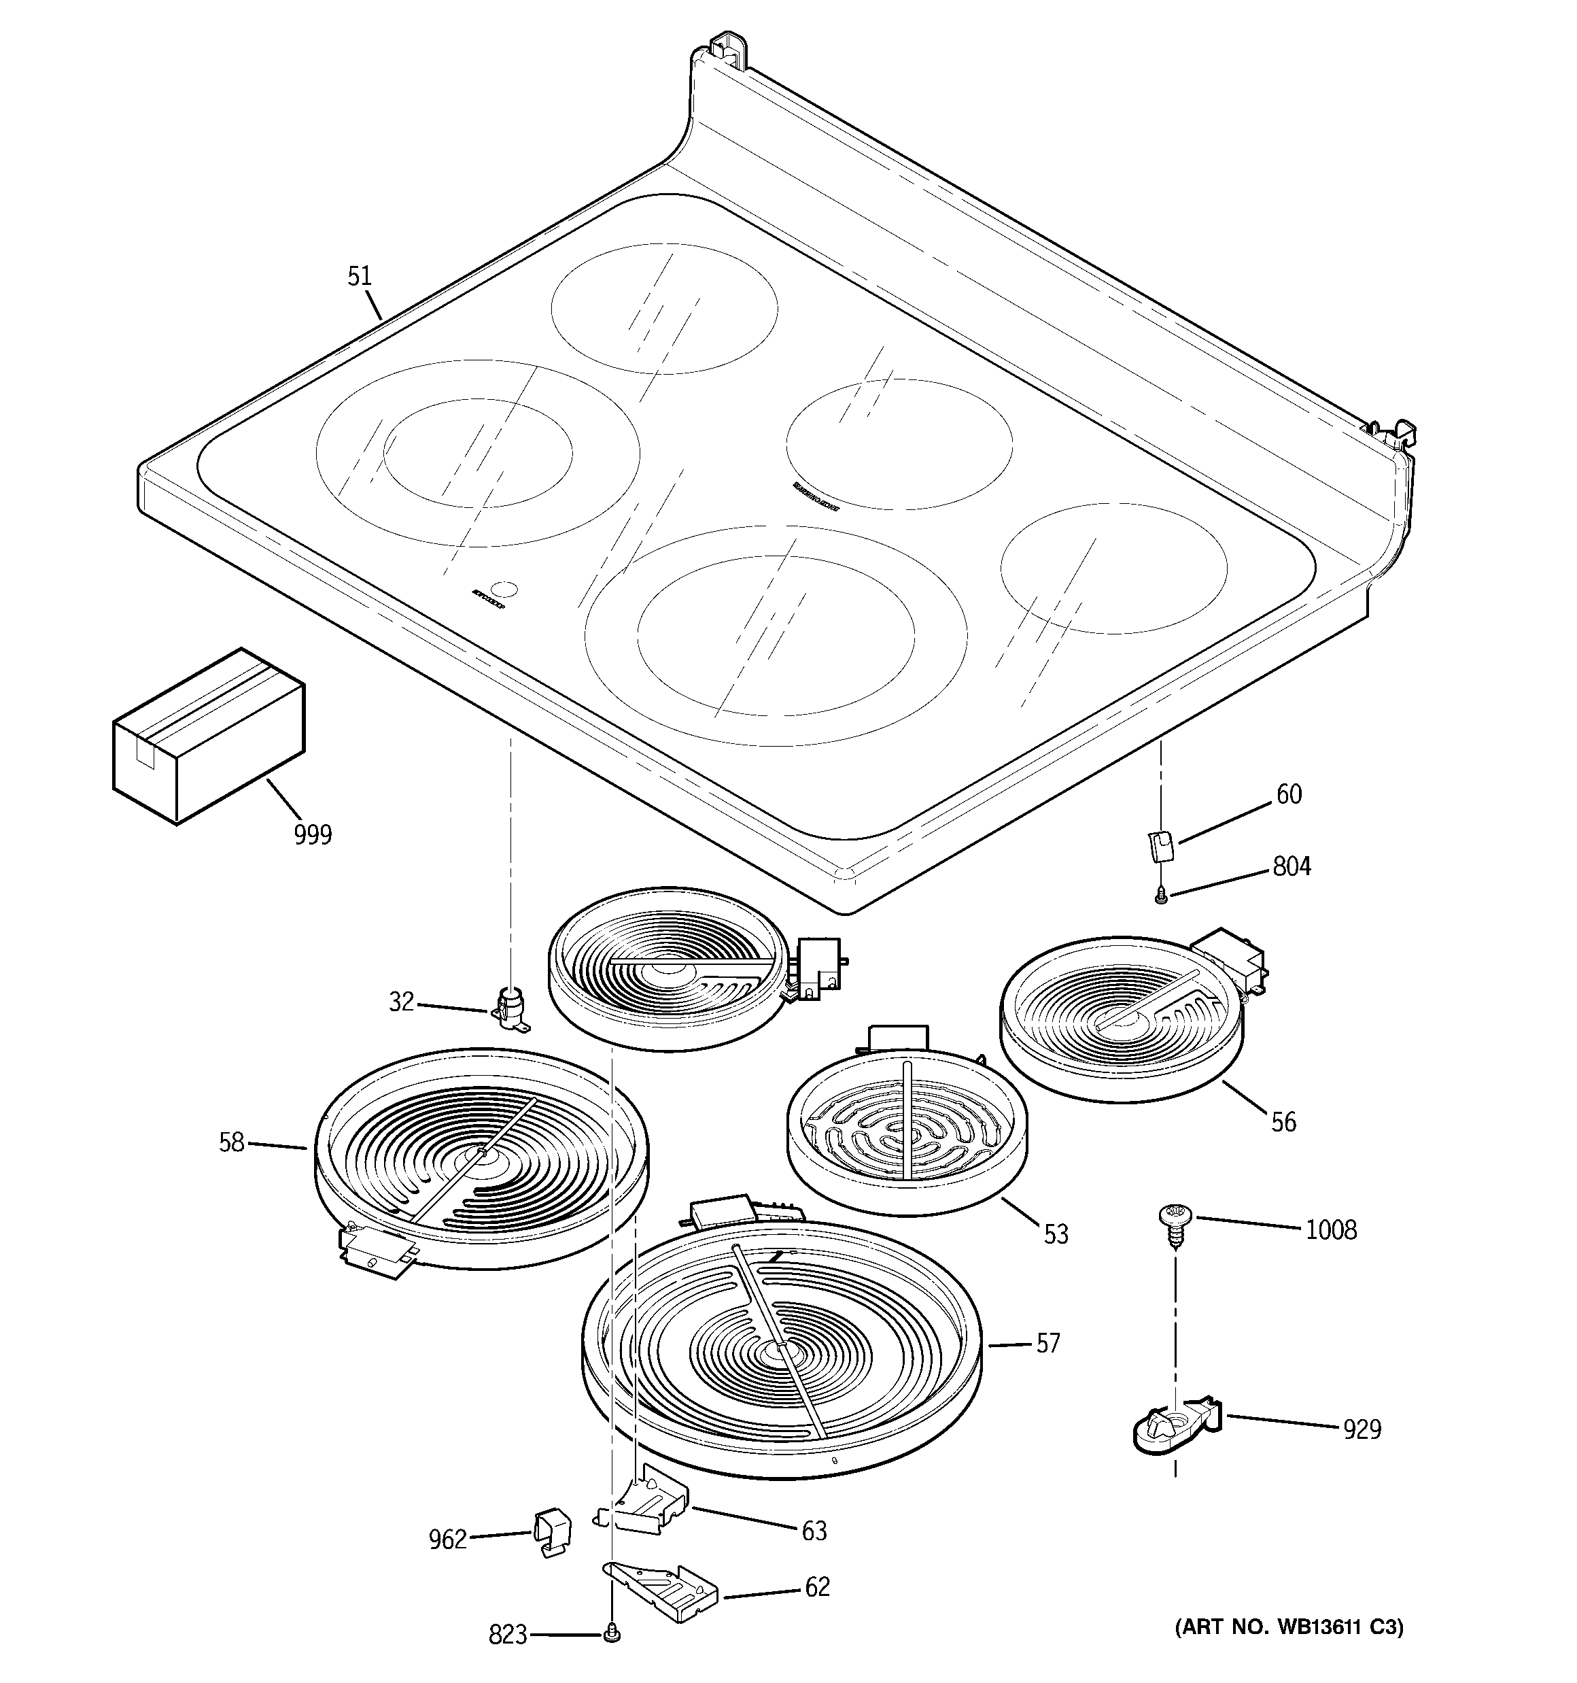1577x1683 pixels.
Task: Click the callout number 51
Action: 360,277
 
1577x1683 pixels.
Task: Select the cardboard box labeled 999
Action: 208,736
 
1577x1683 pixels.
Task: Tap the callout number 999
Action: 313,835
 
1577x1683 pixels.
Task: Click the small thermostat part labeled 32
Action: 510,1009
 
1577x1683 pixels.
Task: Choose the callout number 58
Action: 231,1143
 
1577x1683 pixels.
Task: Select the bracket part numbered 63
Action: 648,1508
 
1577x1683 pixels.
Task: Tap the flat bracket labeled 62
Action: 665,1593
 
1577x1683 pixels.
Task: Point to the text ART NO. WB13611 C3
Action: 1288,1627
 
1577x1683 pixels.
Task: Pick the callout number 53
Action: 1056,1234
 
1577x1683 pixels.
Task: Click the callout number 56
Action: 1283,1123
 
